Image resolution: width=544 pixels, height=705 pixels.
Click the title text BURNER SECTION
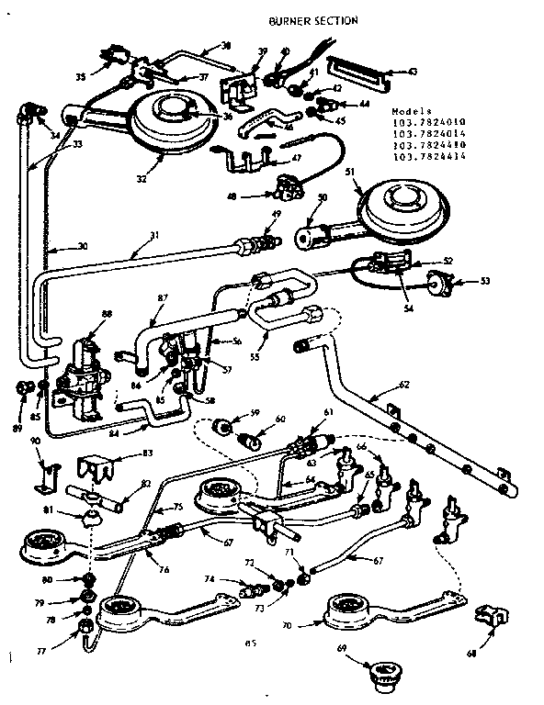(312, 19)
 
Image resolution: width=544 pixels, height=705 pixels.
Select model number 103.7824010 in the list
(429, 122)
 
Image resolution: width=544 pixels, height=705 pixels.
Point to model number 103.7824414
(429, 158)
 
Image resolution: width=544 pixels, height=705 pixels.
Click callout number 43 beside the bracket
(413, 72)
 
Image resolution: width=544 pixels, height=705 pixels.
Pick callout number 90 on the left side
(35, 442)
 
